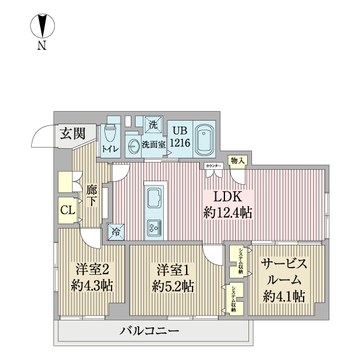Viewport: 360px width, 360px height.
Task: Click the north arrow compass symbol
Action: pyautogui.click(x=42, y=28)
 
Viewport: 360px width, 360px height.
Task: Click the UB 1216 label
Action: pyautogui.click(x=179, y=137)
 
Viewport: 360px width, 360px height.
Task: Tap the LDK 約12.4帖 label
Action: pyautogui.click(x=227, y=205)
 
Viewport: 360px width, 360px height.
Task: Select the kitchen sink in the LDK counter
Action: pyautogui.click(x=154, y=197)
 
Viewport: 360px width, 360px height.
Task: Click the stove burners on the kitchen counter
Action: pyautogui.click(x=154, y=227)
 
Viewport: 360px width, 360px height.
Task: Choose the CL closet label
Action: pyautogui.click(x=67, y=210)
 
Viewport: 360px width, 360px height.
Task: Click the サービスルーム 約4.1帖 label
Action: pyautogui.click(x=284, y=280)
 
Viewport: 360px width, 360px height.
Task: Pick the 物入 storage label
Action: pyautogui.click(x=238, y=161)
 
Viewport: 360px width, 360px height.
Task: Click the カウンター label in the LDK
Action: pyautogui.click(x=213, y=165)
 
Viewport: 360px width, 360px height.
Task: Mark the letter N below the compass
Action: pyautogui.click(x=42, y=46)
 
